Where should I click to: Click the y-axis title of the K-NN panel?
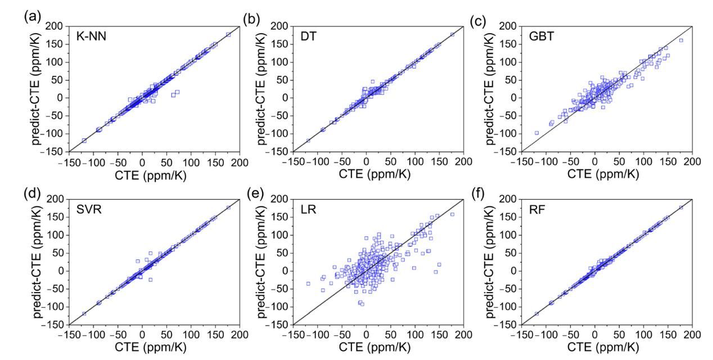click(38, 88)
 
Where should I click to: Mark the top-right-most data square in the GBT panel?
click(681, 40)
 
